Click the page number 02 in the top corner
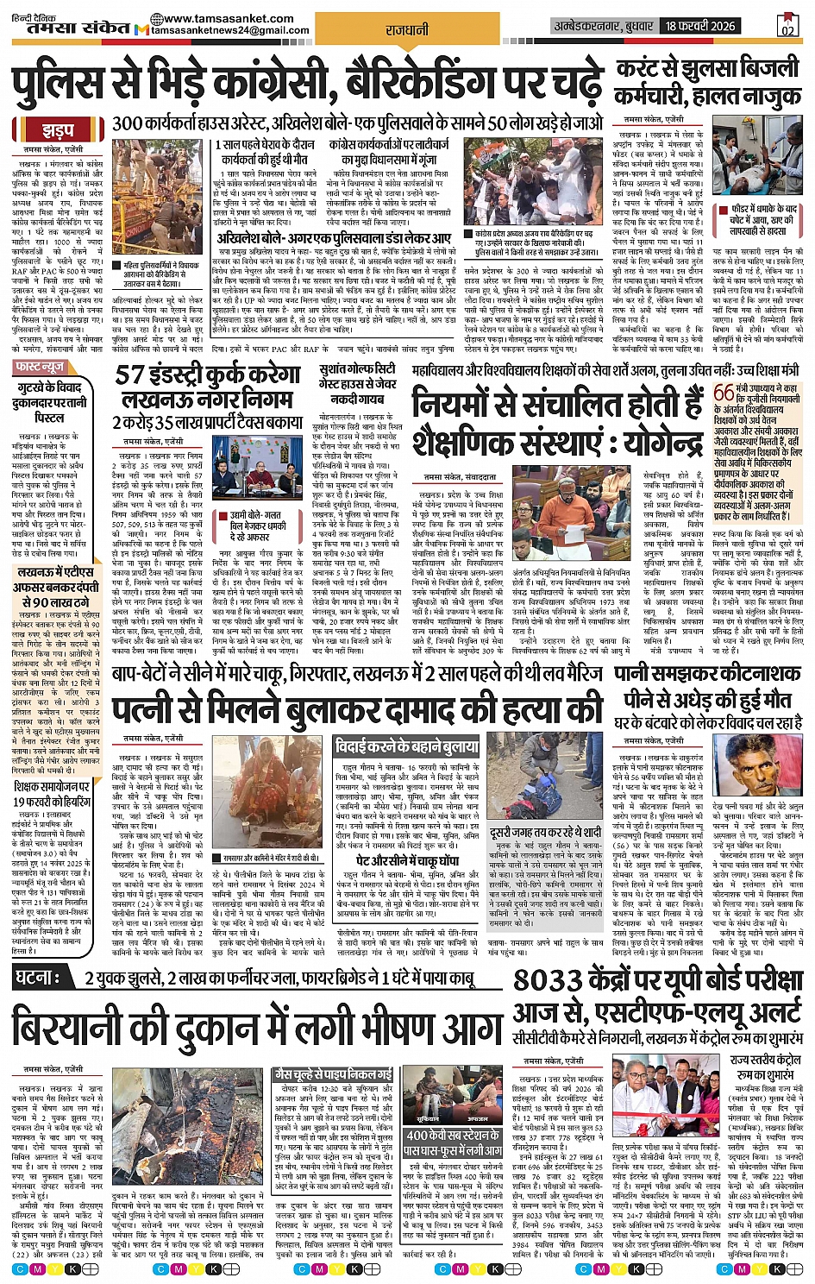click(x=787, y=28)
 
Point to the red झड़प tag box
click(x=58, y=131)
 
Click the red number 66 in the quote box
click(x=724, y=392)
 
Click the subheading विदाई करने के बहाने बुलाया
click(x=405, y=746)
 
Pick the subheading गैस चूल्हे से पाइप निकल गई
click(x=332, y=1073)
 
